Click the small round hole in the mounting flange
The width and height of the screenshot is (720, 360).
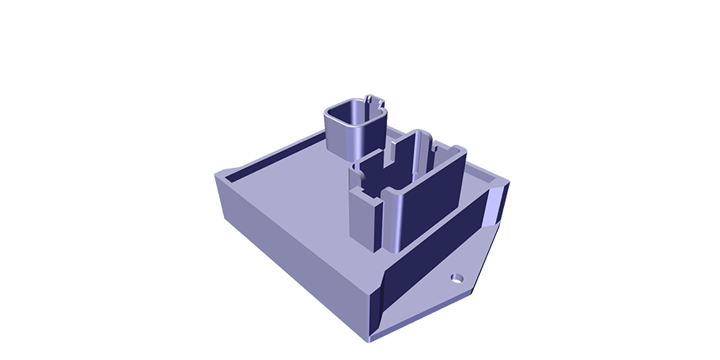(457, 278)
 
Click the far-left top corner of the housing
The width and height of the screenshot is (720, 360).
(217, 174)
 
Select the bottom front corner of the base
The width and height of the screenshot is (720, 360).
(370, 339)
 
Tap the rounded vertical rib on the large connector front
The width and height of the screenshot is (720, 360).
(393, 220)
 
